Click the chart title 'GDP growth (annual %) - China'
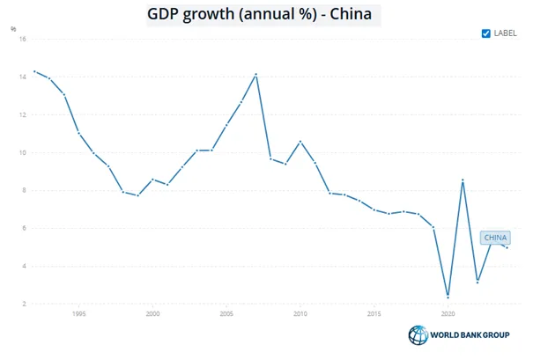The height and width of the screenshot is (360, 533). tap(259, 14)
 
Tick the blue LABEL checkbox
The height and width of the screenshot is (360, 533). tap(485, 33)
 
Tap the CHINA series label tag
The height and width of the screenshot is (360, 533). tap(495, 238)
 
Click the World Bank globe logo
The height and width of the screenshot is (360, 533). tap(418, 334)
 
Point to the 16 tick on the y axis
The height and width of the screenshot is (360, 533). tap(23, 39)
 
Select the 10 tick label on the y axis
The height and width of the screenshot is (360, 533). tap(23, 153)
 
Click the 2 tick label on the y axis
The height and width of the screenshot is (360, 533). tap(24, 304)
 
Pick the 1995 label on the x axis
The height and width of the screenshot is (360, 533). tap(79, 314)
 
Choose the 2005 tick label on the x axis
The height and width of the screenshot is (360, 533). tap(226, 314)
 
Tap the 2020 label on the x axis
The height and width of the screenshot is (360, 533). tap(448, 314)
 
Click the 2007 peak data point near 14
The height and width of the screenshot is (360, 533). tap(256, 75)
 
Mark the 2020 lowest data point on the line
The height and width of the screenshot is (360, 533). tap(448, 298)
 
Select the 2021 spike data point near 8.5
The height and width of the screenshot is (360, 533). tap(463, 180)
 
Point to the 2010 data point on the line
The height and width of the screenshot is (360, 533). tap(300, 142)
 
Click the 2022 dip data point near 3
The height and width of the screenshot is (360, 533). tap(477, 282)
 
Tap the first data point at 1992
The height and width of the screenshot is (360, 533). tap(34, 71)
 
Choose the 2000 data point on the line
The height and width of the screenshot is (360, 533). tap(152, 180)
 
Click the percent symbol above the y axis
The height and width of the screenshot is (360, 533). tap(13, 29)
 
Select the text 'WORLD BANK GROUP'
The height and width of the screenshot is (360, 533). tap(470, 334)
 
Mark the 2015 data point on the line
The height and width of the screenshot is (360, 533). tap(374, 209)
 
